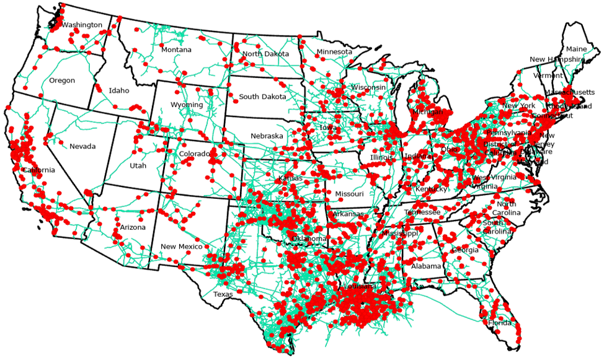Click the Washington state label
coord(82,25)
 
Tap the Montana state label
coord(176,50)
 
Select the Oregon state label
coord(62,81)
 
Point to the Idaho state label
coord(119,90)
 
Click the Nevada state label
coord(82,146)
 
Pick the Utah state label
coord(138,166)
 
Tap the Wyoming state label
coord(187,105)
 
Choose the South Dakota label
coord(262,97)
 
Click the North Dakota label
coord(265,54)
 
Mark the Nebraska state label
coord(267,136)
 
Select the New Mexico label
coord(181,247)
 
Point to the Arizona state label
coord(133,227)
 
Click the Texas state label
coord(223,294)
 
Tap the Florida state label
coord(499,323)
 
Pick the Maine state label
coord(576,49)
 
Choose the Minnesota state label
coord(334,51)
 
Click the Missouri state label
coord(349,194)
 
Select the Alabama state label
coord(426,266)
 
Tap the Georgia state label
coord(466,250)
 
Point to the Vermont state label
coord(548,76)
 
